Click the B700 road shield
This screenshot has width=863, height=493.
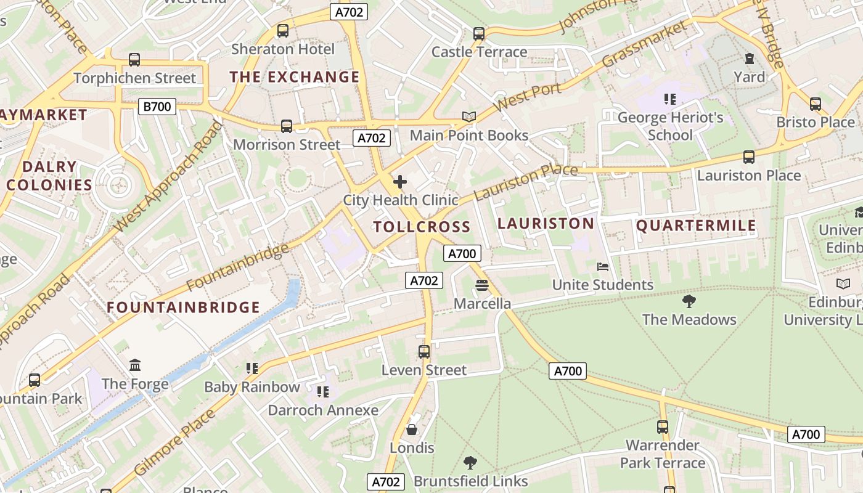pyautogui.click(x=157, y=107)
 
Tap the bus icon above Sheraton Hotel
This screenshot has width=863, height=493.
pyautogui.click(x=283, y=31)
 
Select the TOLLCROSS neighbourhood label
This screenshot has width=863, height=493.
pyautogui.click(x=422, y=227)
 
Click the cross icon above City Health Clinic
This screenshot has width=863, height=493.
pyautogui.click(x=400, y=182)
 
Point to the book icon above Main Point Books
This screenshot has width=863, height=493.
pyautogui.click(x=469, y=116)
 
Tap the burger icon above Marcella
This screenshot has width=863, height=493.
pyautogui.click(x=482, y=285)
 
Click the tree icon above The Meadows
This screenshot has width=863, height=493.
pyautogui.click(x=689, y=301)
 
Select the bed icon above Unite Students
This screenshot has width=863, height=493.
pyautogui.click(x=603, y=267)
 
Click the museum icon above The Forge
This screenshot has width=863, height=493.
pyautogui.click(x=135, y=365)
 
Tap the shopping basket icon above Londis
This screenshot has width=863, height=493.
pyautogui.click(x=412, y=430)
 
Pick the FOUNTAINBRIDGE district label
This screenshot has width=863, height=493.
pyautogui.click(x=183, y=307)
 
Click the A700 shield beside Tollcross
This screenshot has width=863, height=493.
pyautogui.click(x=462, y=253)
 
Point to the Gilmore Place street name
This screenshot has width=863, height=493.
pyautogui.click(x=174, y=442)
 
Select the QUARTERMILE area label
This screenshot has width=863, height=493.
pyautogui.click(x=696, y=226)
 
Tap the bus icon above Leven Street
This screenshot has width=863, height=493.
pyautogui.click(x=424, y=352)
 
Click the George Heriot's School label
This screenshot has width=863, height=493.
pyautogui.click(x=670, y=126)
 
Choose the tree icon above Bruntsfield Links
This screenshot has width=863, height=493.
pyautogui.click(x=470, y=463)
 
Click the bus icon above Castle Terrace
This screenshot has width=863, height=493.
pyautogui.click(x=479, y=34)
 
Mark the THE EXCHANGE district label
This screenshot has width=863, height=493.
pyautogui.click(x=295, y=77)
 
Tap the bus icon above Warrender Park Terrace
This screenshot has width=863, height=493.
pyautogui.click(x=663, y=427)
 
